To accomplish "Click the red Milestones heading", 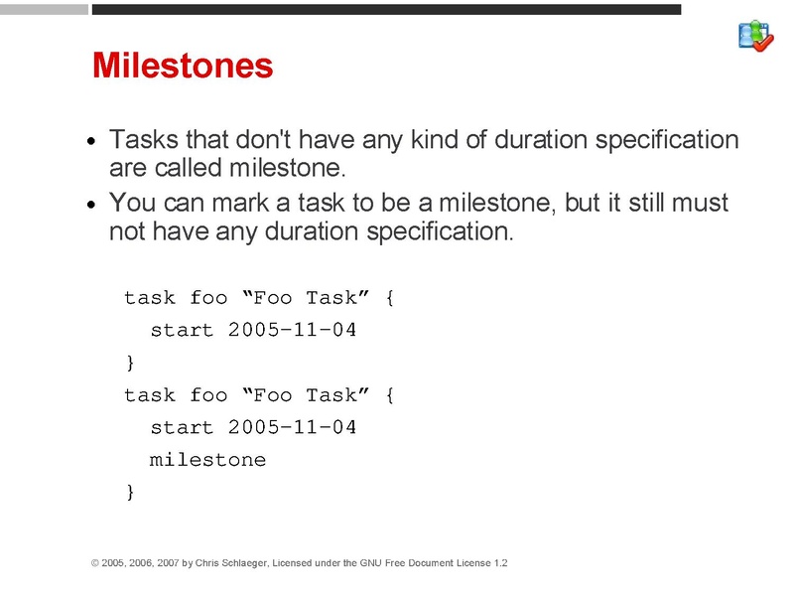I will point(182,66).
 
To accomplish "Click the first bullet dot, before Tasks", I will point(91,142).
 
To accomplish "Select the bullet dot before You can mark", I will point(91,206).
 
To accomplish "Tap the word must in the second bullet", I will point(701,204).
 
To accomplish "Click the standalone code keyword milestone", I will point(207,460).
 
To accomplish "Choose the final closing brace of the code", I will point(129,493).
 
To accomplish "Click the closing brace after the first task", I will point(129,363).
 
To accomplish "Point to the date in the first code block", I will point(292,331).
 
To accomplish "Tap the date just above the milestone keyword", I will point(292,428).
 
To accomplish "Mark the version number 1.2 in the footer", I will point(499,563).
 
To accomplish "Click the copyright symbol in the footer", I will point(95,563).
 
